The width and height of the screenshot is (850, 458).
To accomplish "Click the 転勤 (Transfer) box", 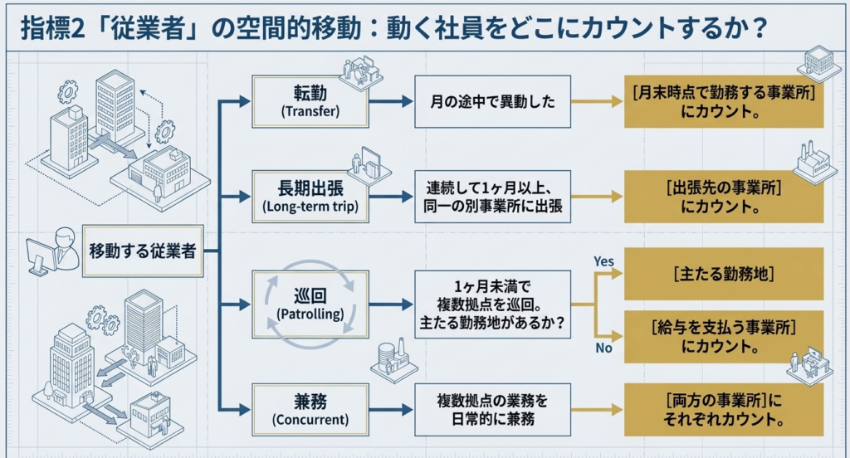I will click(x=309, y=101).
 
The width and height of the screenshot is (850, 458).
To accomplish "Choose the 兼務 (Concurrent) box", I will click(x=309, y=409).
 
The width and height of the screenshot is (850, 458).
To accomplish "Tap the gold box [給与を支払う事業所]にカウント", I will click(x=723, y=337).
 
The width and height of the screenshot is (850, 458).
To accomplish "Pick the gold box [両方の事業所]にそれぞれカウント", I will click(x=723, y=409).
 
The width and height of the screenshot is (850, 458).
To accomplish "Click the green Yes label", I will click(x=603, y=261).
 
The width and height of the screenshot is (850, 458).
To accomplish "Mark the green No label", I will click(x=603, y=348).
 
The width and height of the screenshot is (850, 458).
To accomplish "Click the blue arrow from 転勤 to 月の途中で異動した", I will click(x=390, y=101).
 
